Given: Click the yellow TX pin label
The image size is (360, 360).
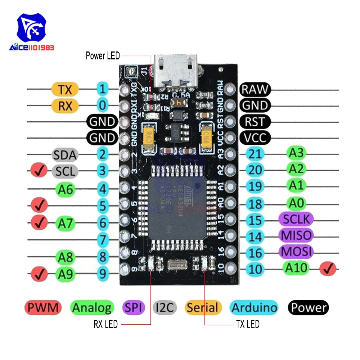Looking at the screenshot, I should pyautogui.click(x=65, y=89).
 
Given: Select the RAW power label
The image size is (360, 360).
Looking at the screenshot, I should pyautogui.click(x=255, y=89).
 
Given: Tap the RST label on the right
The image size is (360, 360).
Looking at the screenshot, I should pyautogui.click(x=255, y=121).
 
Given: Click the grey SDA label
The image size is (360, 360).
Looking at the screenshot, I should pyautogui.click(x=65, y=155).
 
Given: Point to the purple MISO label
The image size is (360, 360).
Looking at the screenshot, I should pyautogui.click(x=296, y=235).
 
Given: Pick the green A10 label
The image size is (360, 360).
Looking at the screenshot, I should pyautogui.click(x=296, y=267).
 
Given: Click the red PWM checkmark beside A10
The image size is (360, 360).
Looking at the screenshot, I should pyautogui.click(x=328, y=268).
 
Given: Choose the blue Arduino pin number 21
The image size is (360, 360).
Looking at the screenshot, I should pyautogui.click(x=255, y=154).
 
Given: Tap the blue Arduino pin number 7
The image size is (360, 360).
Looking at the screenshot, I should pyautogui.click(x=103, y=239).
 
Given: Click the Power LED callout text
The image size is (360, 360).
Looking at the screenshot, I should pyautogui.click(x=103, y=56).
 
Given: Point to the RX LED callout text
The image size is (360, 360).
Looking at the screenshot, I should pyautogui.click(x=105, y=324).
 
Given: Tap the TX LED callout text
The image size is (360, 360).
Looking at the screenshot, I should pyautogui.click(x=248, y=324).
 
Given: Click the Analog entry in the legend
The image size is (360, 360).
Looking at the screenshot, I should pyautogui.click(x=92, y=308).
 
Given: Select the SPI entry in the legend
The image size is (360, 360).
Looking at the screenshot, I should pyautogui.click(x=134, y=308).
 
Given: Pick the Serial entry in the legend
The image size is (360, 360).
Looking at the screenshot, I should pyautogui.click(x=202, y=308).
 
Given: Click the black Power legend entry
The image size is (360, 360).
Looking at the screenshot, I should pyautogui.click(x=308, y=308).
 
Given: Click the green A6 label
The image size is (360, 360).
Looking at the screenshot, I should pyautogui.click(x=65, y=188).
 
